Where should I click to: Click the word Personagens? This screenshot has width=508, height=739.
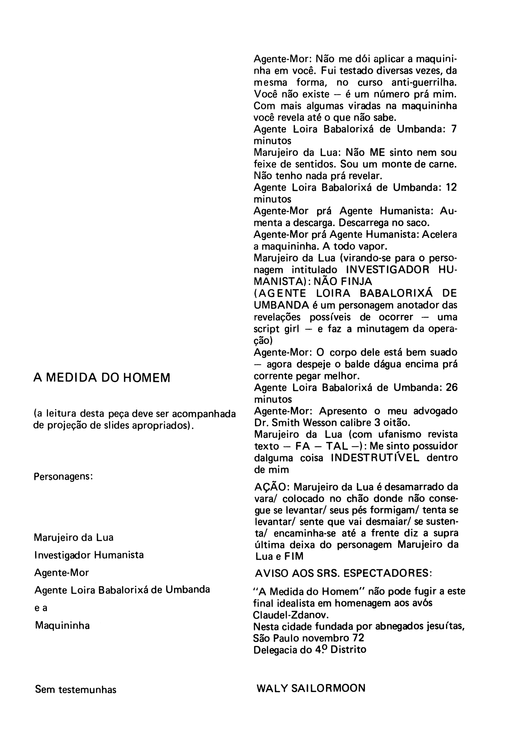click(63, 477)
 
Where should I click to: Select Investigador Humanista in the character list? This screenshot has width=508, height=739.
click(88, 555)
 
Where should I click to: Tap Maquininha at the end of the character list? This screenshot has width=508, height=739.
click(62, 626)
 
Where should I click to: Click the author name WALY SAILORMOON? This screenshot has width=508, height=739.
click(311, 688)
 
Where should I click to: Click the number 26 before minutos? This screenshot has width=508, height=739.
click(451, 388)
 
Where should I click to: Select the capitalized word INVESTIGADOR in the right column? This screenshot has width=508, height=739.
click(383, 270)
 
